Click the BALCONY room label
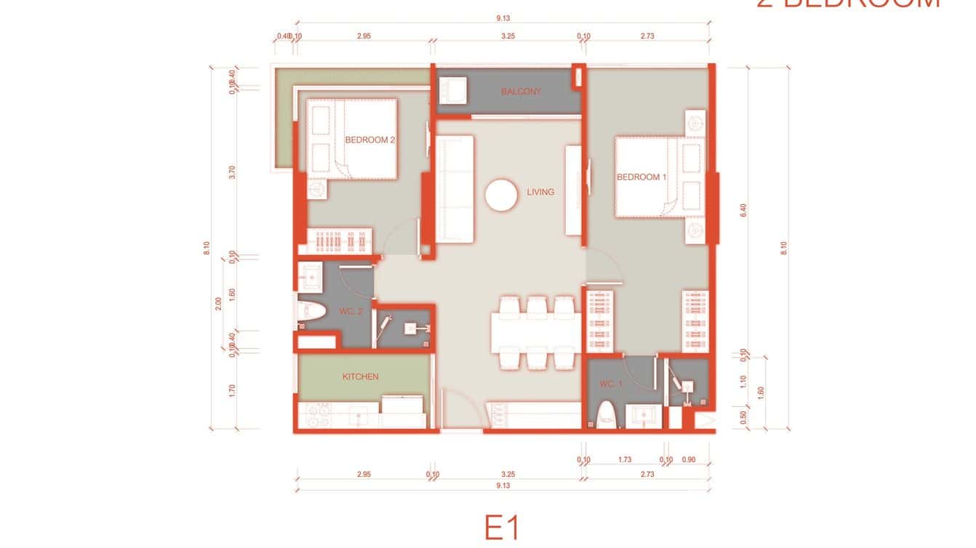(521, 92)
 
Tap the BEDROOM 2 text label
(369, 140)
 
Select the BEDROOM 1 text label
(641, 177)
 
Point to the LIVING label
(540, 192)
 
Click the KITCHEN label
(360, 376)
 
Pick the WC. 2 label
(351, 311)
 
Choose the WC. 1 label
(611, 384)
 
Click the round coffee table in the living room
(501, 195)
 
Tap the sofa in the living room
(455, 188)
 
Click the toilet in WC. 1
(607, 417)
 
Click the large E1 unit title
(502, 527)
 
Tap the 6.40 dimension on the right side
(743, 210)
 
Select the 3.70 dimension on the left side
(232, 172)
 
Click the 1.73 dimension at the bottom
(624, 459)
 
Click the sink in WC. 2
(311, 275)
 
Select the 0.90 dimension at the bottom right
(689, 459)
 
